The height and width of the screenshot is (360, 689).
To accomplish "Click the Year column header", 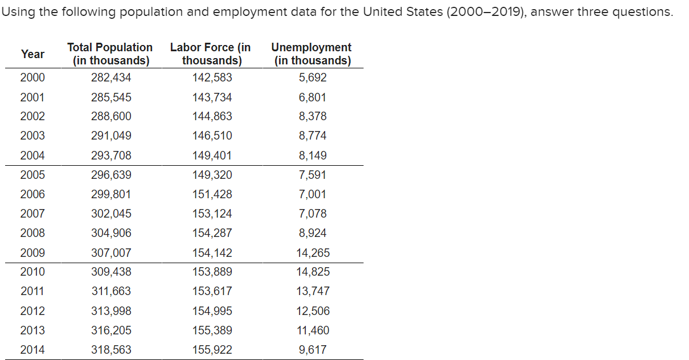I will tap(32, 54).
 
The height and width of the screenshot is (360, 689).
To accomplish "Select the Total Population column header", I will tap(110, 54).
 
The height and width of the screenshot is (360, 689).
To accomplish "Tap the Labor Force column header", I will tap(211, 54).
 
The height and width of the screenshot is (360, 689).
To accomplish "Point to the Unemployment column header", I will tap(312, 54).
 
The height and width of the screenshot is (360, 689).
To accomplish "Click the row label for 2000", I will tap(32, 78).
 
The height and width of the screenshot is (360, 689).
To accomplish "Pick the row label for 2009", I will tap(32, 253).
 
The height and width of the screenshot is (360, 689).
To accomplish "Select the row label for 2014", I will tap(32, 350).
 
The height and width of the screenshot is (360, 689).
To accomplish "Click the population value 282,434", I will tap(111, 78).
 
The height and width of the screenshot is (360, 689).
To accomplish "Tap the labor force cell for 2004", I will tap(212, 156).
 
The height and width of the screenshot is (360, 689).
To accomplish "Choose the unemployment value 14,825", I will tap(313, 272).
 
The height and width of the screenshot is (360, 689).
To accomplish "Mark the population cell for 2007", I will tap(111, 214).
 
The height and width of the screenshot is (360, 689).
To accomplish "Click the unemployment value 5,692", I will tap(313, 78).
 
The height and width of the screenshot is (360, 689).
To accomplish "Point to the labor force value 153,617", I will tap(212, 291).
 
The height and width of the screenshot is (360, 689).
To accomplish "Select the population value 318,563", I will tap(111, 350).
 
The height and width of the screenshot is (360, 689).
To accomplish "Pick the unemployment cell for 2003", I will tap(313, 136).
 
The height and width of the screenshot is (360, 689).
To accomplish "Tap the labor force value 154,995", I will tap(212, 311).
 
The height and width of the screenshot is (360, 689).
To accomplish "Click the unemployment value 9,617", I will tap(313, 350).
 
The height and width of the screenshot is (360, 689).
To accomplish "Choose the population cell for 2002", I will tap(111, 116).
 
